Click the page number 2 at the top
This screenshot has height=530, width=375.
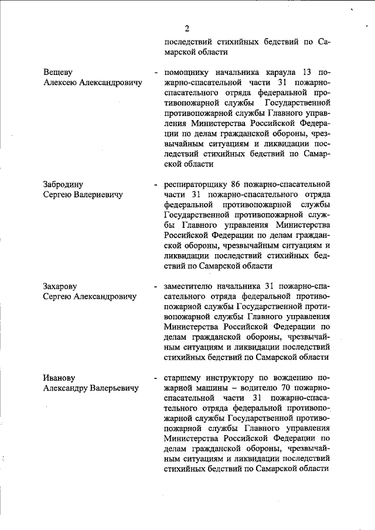[x=186, y=28]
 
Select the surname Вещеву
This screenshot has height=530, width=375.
[x=59, y=73]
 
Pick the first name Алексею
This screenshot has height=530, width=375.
[x=63, y=83]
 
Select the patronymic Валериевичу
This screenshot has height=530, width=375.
[x=97, y=194]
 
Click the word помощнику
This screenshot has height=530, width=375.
[x=188, y=73]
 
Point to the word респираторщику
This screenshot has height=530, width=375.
[x=198, y=183]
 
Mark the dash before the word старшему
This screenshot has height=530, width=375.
[x=155, y=377]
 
